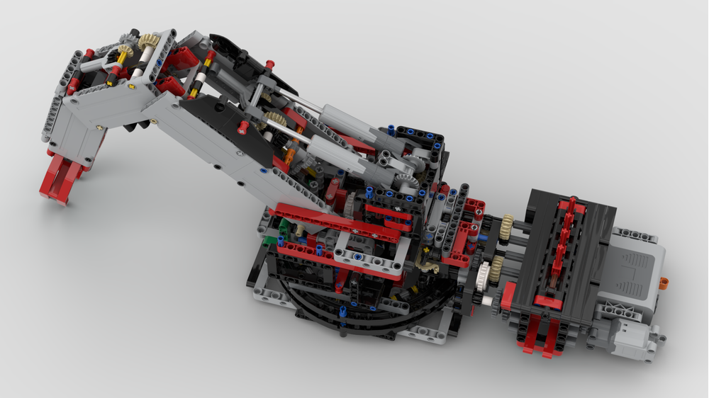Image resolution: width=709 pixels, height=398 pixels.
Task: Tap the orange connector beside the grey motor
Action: (663, 284)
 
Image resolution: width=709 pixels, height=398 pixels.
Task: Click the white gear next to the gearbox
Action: (484, 272)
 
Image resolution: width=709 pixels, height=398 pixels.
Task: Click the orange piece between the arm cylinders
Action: (289, 150)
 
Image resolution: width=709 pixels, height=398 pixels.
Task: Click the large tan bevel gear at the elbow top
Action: (148, 41)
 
